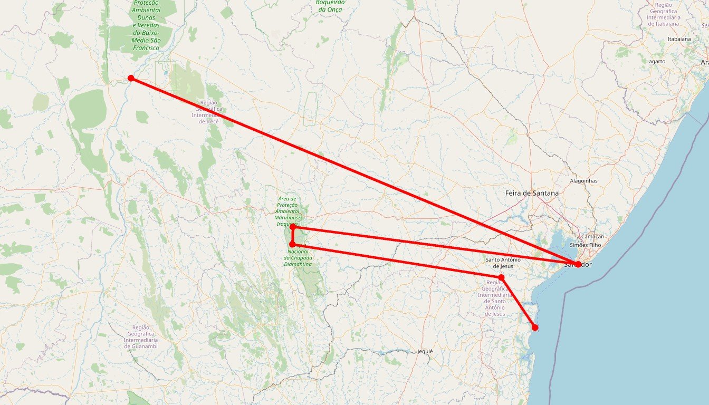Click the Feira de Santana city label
[x=532, y=193]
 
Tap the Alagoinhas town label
[x=583, y=181]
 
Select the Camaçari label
[x=592, y=237]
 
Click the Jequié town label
[x=425, y=351]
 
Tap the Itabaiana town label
[x=679, y=39]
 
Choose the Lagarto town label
[x=656, y=61]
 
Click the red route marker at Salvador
[x=578, y=264]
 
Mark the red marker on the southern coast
[x=535, y=327]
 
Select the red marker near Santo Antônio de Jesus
[x=501, y=277]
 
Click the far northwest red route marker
[x=131, y=78]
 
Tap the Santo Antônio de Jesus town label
[x=503, y=263]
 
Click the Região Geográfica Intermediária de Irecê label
[x=208, y=112]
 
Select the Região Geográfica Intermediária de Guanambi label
[x=141, y=336]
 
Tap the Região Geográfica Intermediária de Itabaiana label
[x=663, y=14]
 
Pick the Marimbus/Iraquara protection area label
[x=287, y=210]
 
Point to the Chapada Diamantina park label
[x=298, y=257]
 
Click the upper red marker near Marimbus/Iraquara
[x=292, y=227]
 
